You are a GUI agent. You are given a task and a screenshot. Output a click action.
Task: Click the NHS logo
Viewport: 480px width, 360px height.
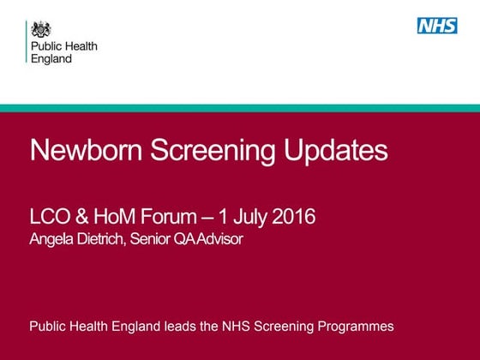(437, 26)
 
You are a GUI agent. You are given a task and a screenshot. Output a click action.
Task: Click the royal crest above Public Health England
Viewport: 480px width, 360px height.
(41, 28)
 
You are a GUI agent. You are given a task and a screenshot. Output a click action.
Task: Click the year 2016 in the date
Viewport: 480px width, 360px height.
(292, 217)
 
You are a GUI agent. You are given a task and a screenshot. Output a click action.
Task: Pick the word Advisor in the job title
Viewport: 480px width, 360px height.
(219, 239)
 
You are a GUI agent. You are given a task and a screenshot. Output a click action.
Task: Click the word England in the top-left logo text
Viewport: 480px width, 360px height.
(51, 59)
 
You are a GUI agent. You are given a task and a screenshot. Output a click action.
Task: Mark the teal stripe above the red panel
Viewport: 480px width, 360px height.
(240, 107)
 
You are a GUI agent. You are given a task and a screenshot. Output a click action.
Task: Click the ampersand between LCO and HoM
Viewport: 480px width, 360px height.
(85, 217)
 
